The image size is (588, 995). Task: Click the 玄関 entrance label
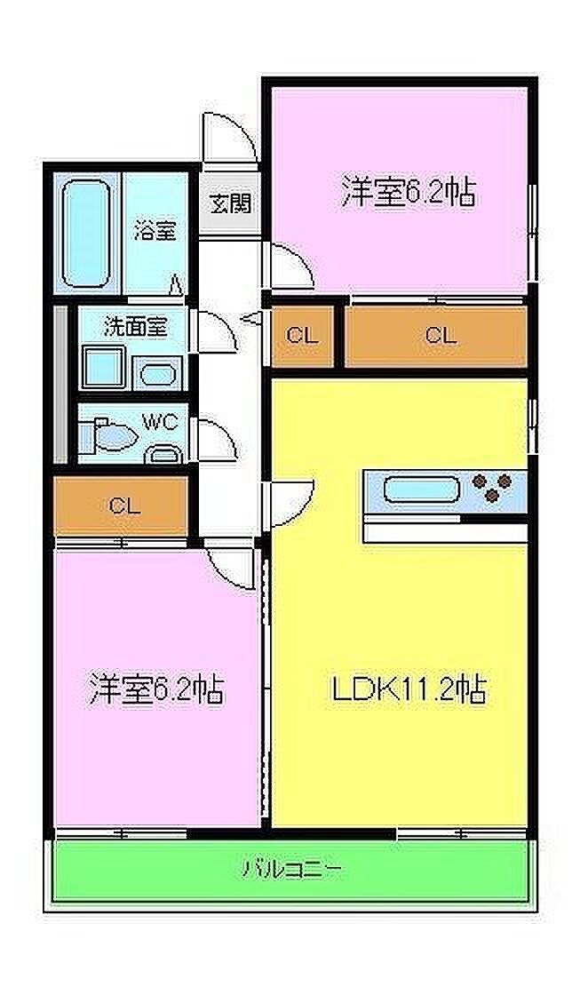230,203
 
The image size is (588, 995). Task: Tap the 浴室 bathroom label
155,230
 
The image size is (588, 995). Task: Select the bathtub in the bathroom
86,233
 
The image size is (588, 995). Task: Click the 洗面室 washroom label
136,327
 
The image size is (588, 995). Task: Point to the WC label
160,422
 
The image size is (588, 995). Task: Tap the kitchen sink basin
421,490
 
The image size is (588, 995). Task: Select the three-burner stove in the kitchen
493,488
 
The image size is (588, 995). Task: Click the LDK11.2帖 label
409,689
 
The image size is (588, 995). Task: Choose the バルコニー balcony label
292,868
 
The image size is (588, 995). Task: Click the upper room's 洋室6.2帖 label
409,191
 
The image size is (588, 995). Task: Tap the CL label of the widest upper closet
441,334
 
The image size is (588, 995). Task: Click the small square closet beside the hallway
303,336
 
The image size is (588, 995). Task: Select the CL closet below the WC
121,505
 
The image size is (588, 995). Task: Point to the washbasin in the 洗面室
157,375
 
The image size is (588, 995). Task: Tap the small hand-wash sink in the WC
163,454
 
